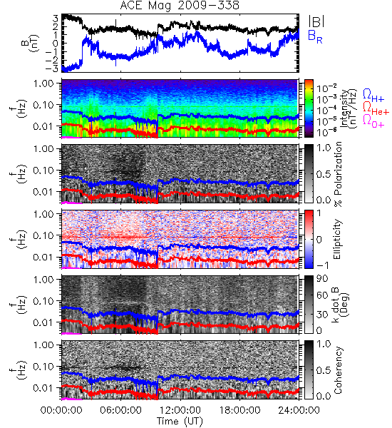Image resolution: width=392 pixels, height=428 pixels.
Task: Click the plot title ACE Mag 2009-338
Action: pos(180,5)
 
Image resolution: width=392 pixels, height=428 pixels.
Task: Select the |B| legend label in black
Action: pos(316,21)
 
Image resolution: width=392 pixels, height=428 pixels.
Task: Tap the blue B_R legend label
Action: pos(315,37)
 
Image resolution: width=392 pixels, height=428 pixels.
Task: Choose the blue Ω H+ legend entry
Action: pos(373,96)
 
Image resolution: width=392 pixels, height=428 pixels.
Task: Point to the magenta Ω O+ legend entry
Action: pos(373,121)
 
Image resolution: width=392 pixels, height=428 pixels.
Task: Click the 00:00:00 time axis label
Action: pos(61,410)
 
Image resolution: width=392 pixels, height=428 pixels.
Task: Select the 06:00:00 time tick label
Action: pos(120,410)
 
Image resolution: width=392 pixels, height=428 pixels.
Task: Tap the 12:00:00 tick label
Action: pos(180,410)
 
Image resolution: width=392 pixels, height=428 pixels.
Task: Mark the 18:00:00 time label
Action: pos(239,410)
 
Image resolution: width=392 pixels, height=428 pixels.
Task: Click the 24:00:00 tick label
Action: pos(299,410)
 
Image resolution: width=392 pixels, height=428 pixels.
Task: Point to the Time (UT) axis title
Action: pos(180,422)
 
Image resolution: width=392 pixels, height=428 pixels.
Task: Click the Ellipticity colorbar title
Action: pos(337,240)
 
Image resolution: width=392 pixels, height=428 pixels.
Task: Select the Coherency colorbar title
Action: pos(338,370)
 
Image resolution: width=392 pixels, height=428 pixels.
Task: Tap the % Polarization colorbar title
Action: pos(338,174)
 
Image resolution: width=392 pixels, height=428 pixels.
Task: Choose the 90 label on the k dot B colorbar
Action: pos(322,279)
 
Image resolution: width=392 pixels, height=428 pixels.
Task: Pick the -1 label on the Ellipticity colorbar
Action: pos(322,265)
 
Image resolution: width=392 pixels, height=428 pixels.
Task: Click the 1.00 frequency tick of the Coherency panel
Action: pos(43,345)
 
